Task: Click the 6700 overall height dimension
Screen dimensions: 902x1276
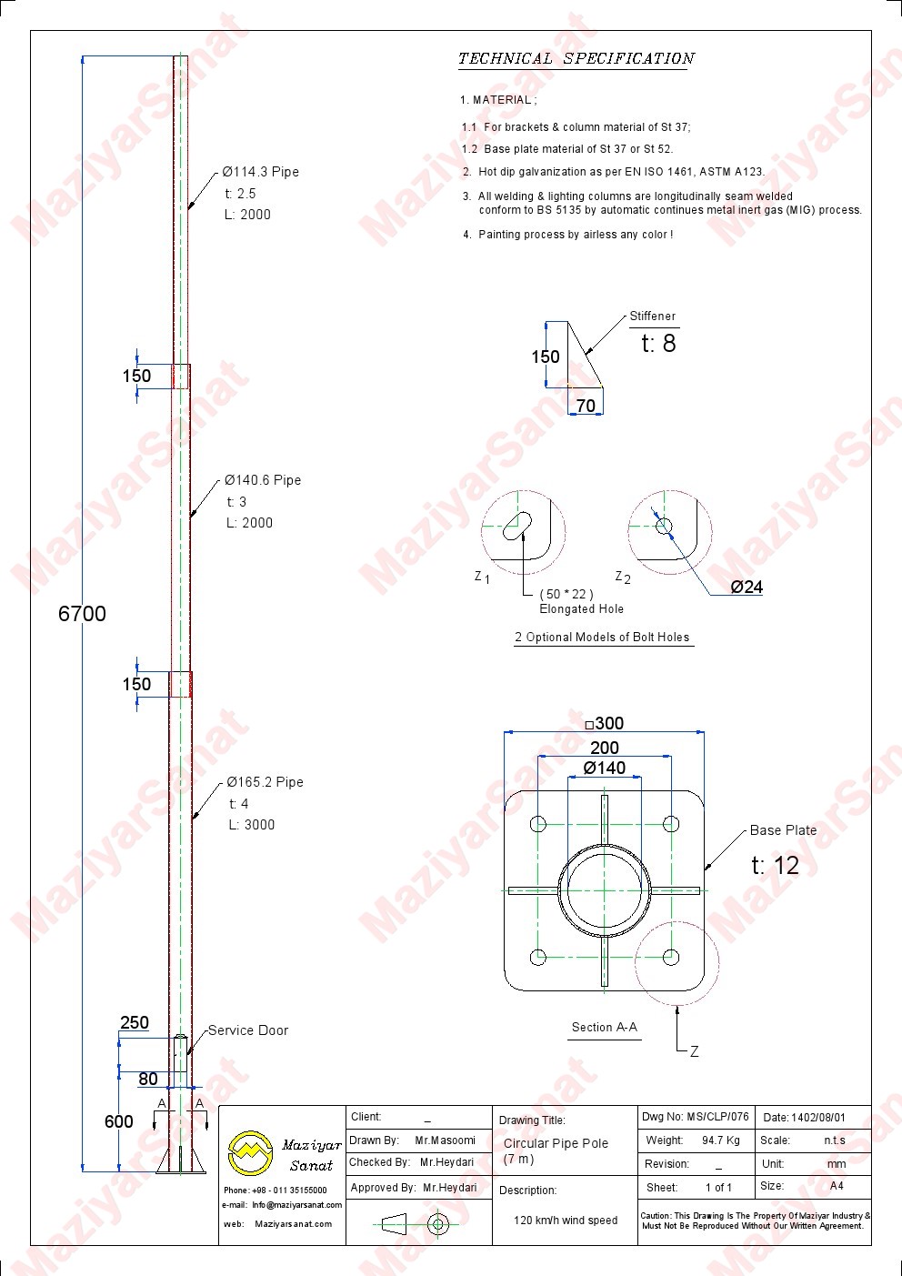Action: click(82, 614)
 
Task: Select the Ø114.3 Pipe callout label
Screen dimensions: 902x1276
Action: click(260, 172)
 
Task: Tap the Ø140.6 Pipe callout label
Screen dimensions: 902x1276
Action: click(263, 480)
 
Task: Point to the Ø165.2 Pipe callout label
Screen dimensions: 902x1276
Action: click(265, 782)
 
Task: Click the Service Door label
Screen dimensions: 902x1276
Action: click(247, 1030)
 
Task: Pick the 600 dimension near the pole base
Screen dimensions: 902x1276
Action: click(118, 1121)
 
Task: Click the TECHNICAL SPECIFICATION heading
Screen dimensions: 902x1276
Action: click(576, 59)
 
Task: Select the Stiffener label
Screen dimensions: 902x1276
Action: click(653, 316)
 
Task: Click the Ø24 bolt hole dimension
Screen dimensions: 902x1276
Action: click(747, 587)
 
